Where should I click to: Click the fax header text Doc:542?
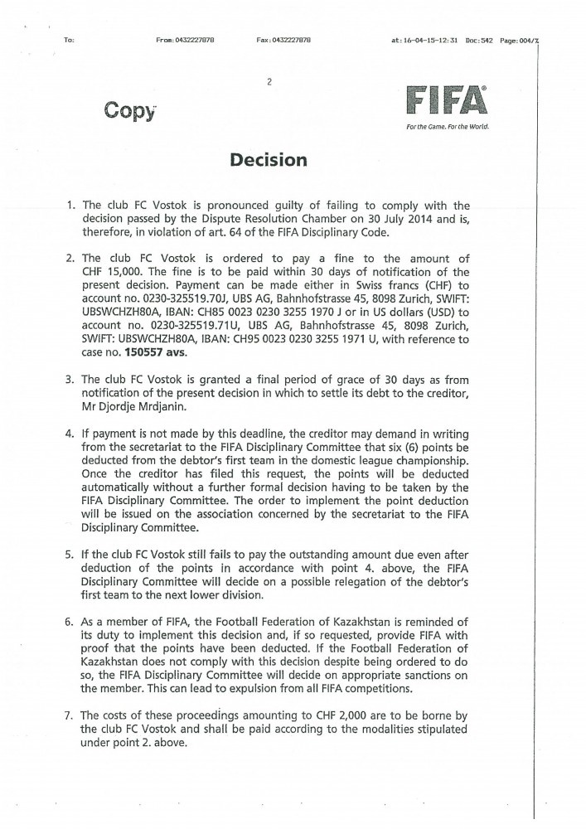click(480, 40)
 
